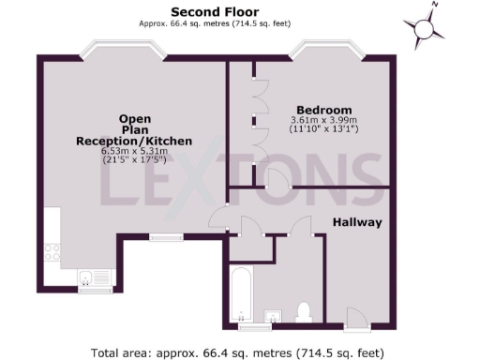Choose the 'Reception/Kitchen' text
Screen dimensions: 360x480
click(134, 141)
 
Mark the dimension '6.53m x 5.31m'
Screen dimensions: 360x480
click(134, 151)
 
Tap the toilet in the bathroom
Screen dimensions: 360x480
click(303, 310)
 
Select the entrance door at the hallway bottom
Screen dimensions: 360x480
click(357, 324)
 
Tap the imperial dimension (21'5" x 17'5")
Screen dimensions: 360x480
click(134, 160)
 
